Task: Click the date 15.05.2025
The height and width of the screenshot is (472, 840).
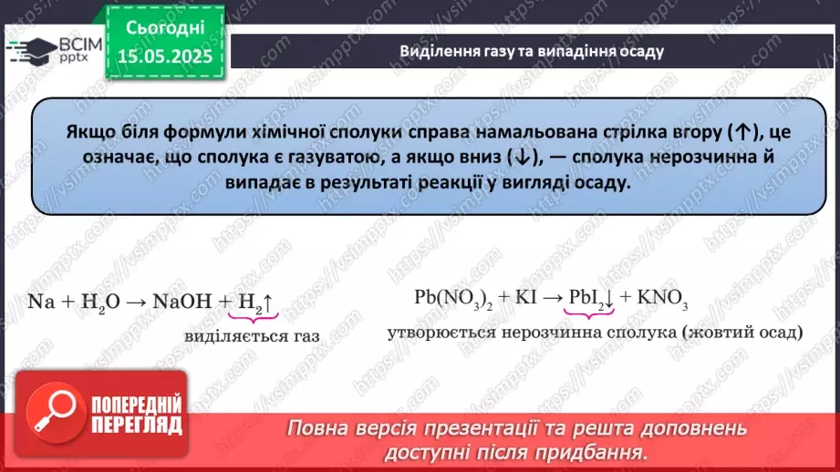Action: [165, 56]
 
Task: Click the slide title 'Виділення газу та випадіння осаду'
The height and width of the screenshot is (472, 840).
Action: [532, 51]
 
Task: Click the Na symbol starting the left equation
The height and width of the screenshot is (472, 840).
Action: [39, 301]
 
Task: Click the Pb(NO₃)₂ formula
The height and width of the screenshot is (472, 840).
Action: [451, 300]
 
